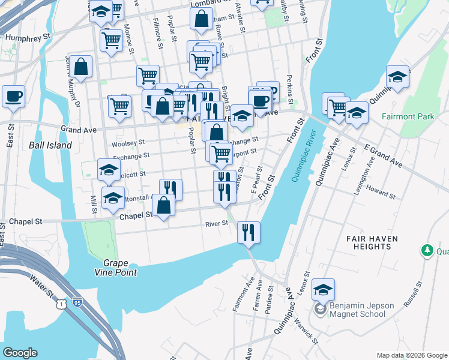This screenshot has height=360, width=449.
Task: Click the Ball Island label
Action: (x=50, y=145)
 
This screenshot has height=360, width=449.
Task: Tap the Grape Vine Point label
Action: (x=119, y=268)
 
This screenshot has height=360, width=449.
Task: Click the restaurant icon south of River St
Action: (x=249, y=232)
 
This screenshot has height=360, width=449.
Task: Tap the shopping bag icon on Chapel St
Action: (x=163, y=205)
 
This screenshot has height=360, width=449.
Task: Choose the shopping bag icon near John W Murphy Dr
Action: (x=80, y=67)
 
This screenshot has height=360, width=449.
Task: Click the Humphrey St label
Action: (x=28, y=37)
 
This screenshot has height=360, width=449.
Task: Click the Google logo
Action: (x=20, y=353)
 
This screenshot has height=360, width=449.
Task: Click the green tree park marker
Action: (x=427, y=250)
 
